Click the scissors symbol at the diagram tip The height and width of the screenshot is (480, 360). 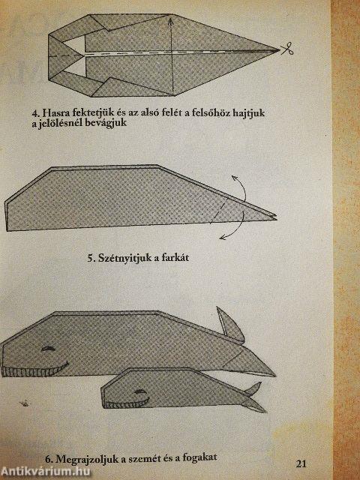pyautogui.click(x=286, y=50)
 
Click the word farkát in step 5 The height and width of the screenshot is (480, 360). pyautogui.click(x=187, y=261)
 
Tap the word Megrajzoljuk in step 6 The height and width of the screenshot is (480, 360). pyautogui.click(x=76, y=456)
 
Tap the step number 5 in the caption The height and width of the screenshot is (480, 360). pyautogui.click(x=91, y=261)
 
